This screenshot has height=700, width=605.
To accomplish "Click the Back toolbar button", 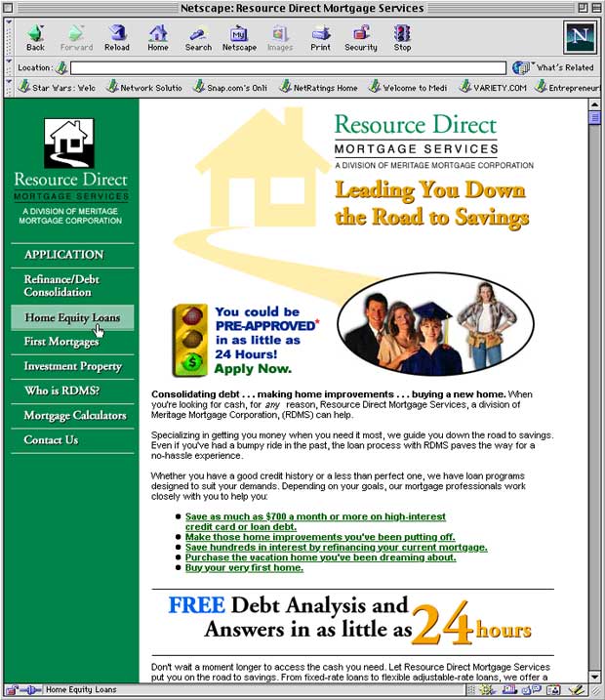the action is click(x=35, y=37).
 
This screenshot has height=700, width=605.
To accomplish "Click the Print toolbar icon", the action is click(x=320, y=37).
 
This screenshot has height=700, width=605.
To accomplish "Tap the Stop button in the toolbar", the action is click(x=402, y=37).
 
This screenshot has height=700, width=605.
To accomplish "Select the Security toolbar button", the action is click(x=360, y=37).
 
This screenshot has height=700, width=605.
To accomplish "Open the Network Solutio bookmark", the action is click(x=144, y=87).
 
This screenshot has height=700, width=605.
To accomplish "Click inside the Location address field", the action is click(x=288, y=67).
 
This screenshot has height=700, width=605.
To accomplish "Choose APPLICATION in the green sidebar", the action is click(x=63, y=255).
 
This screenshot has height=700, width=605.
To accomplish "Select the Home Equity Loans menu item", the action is click(x=71, y=317).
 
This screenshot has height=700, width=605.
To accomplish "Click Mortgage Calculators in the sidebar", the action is click(x=75, y=416).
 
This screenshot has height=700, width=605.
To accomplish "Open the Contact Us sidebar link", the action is click(x=51, y=440).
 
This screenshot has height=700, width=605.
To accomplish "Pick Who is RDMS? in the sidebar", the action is click(x=61, y=391).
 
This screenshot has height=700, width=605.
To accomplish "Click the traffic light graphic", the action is click(x=192, y=340).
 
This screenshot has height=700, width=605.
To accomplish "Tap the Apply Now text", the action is click(x=253, y=369).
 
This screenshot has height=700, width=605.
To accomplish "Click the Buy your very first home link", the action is click(x=244, y=567).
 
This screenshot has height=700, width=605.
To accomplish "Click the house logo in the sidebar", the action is click(x=68, y=144).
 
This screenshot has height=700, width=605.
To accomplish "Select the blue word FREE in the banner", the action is click(x=196, y=605).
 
